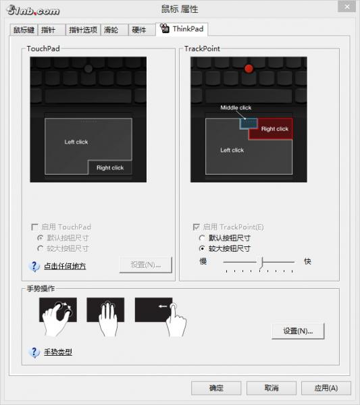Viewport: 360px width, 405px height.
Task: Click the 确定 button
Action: click(x=216, y=387)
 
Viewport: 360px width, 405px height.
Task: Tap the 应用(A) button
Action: click(x=326, y=387)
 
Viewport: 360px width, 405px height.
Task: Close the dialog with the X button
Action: click(x=346, y=7)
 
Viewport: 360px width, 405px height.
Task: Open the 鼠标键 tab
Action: click(x=24, y=30)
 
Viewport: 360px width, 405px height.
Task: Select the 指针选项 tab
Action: click(x=83, y=30)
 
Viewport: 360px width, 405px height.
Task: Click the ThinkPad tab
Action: click(x=182, y=29)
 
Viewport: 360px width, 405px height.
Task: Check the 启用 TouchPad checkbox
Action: click(x=34, y=227)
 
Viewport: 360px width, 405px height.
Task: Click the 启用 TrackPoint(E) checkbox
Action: click(x=197, y=227)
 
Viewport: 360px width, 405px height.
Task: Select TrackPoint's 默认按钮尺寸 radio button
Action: click(x=202, y=238)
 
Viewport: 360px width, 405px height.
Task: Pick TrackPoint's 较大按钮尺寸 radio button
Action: click(x=202, y=248)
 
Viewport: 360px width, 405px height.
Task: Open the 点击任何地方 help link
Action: click(x=65, y=266)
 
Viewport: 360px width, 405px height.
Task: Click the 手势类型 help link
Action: click(x=58, y=352)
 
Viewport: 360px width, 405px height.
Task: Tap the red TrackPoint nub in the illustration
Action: click(x=249, y=68)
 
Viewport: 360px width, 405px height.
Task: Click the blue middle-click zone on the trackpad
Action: click(x=249, y=124)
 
